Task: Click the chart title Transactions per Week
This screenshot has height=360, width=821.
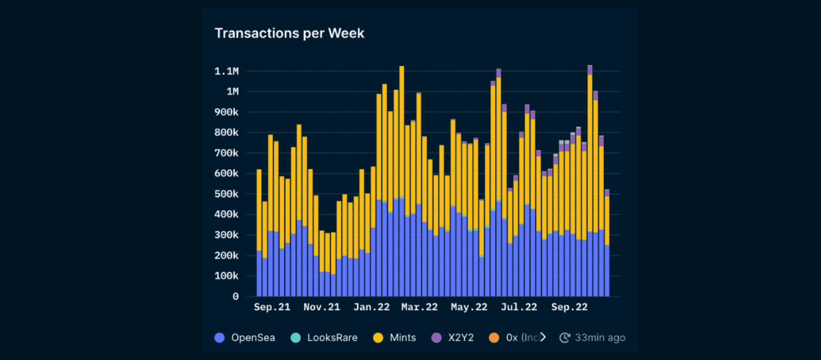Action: (289, 33)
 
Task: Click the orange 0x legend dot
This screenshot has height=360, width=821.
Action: (494, 338)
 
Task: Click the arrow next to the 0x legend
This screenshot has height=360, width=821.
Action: (543, 338)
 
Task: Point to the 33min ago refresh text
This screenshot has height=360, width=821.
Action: (599, 338)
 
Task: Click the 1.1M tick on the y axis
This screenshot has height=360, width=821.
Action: (226, 71)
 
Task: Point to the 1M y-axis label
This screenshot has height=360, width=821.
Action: (232, 91)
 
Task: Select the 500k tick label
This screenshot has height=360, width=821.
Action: (226, 194)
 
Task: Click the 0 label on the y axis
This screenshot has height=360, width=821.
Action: (235, 296)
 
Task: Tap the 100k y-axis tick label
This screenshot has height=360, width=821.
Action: (226, 276)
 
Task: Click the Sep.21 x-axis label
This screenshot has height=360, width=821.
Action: (271, 308)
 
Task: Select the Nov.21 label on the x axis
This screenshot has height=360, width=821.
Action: (321, 308)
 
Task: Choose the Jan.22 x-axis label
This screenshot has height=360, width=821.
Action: (372, 308)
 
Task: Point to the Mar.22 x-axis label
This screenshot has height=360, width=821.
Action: (419, 308)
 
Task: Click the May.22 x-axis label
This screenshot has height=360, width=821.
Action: (469, 308)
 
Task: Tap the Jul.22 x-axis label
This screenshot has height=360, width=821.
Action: (519, 308)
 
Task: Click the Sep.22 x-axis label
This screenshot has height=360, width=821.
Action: (569, 308)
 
